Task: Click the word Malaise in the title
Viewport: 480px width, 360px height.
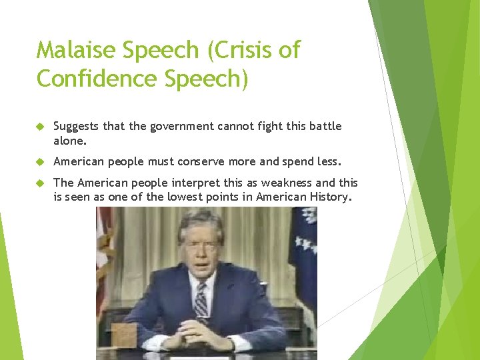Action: (73, 50)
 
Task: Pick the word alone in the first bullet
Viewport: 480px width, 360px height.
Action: (69, 141)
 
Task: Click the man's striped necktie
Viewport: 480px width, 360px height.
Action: (201, 300)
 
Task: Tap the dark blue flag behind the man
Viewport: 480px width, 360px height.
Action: (304, 253)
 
